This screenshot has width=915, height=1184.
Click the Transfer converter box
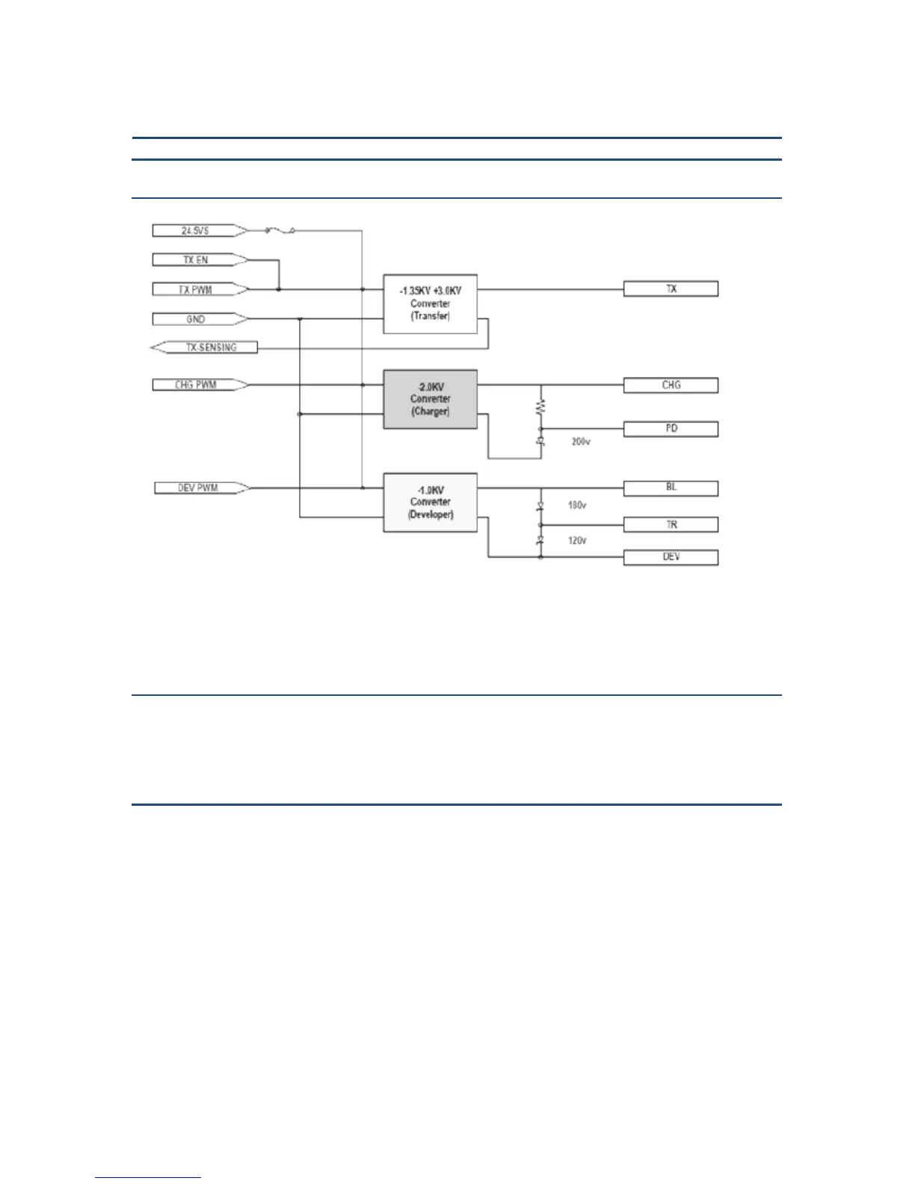tap(430, 303)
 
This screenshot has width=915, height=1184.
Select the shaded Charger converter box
tap(430, 399)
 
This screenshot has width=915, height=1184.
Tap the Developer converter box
tap(430, 502)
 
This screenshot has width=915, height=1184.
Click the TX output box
tap(671, 289)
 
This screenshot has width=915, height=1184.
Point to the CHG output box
tap(671, 385)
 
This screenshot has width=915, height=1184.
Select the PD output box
tap(671, 429)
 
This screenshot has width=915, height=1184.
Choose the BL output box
tap(671, 488)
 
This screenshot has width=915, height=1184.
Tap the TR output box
tap(671, 525)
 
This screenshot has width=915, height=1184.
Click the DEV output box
tap(671, 558)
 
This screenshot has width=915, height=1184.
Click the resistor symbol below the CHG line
tap(540, 407)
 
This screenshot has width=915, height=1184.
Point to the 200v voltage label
tap(581, 442)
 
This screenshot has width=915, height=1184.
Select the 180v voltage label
tap(576, 505)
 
